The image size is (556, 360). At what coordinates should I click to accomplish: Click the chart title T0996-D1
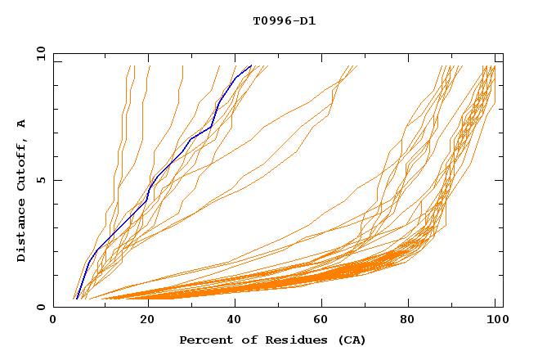pyautogui.click(x=278, y=21)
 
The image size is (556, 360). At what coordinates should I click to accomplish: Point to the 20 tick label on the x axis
pyautogui.click(x=142, y=322)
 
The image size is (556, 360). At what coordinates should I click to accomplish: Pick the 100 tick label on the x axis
pyautogui.click(x=496, y=322)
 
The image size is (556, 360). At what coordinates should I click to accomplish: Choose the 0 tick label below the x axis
pyautogui.click(x=53, y=322)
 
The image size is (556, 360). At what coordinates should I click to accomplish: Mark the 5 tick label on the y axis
pyautogui.click(x=40, y=180)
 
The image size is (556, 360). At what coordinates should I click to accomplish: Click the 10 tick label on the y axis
pyautogui.click(x=37, y=53)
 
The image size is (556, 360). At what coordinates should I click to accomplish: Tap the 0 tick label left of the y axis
pyautogui.click(x=40, y=307)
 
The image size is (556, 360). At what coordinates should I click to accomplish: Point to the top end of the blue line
pyautogui.click(x=250, y=66)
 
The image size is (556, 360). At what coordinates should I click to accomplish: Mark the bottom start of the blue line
pyautogui.click(x=76, y=299)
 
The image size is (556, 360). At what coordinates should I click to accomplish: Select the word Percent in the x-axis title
pyautogui.click(x=204, y=340)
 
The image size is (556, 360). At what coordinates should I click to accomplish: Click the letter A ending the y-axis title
pyautogui.click(x=21, y=124)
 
